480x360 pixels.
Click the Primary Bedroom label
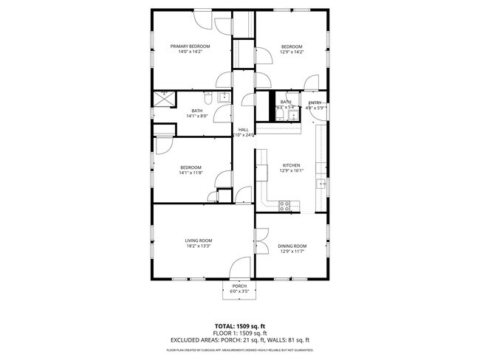[191, 46]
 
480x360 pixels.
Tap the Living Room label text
[198, 240]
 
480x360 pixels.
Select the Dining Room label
[292, 246]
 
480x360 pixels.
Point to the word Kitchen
[292, 165]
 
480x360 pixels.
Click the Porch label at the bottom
[239, 286]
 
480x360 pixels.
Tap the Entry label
[315, 103]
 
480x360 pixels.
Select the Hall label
[243, 130]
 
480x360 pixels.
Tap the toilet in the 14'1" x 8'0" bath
[209, 97]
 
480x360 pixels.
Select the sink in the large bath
[225, 97]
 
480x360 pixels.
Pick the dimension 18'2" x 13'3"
[198, 246]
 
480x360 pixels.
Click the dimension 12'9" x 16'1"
[292, 170]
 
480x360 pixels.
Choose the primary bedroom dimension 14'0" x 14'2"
[191, 52]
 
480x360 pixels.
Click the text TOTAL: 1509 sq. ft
[239, 325]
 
